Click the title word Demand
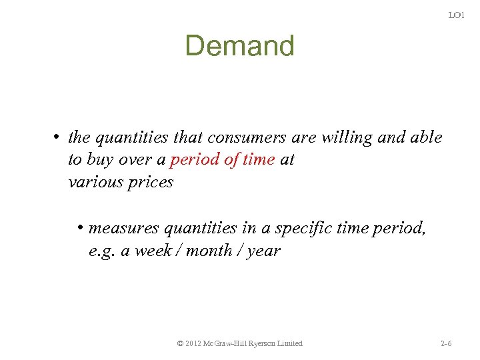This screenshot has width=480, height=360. click(x=239, y=46)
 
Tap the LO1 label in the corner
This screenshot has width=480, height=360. click(x=456, y=15)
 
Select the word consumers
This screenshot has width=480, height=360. click(x=247, y=137)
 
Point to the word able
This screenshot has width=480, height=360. click(x=425, y=137)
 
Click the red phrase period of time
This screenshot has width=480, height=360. click(x=223, y=160)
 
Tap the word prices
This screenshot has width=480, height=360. click(x=152, y=182)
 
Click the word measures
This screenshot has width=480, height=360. click(x=124, y=229)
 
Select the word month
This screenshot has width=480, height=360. click(x=210, y=251)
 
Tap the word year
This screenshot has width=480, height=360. click(x=264, y=251)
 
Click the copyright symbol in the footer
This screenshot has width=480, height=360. click(x=181, y=343)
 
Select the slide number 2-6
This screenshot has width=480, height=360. click(x=446, y=343)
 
